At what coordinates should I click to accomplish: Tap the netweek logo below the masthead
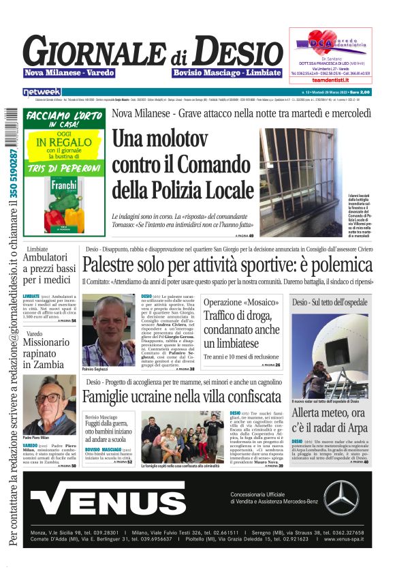point(42,91)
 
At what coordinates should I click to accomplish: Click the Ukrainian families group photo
point(180,437)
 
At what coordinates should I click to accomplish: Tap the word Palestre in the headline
point(111,265)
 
